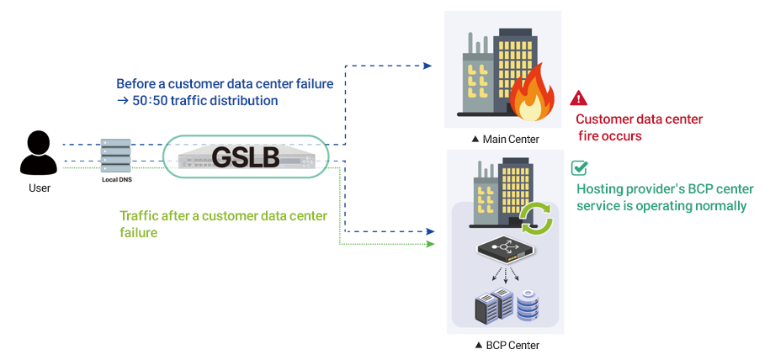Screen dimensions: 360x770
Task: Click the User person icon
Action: click(x=40, y=153)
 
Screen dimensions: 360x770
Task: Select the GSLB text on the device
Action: click(x=245, y=157)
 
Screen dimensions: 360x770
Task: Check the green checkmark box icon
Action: click(x=579, y=167)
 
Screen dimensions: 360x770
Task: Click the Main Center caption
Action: click(x=507, y=140)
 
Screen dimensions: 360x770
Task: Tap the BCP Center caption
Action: click(x=507, y=345)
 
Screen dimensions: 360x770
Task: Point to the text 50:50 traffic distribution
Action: click(x=205, y=101)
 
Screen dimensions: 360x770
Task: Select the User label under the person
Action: click(x=40, y=188)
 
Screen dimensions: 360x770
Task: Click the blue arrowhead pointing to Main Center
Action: click(x=427, y=66)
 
